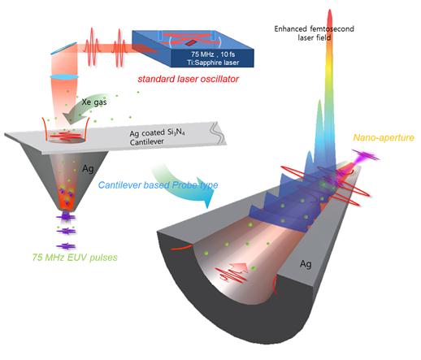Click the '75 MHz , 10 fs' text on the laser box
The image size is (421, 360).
[213, 54]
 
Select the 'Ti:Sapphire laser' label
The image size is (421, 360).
[213, 63]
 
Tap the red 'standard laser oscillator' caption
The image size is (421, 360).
[188, 79]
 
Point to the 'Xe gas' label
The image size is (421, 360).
[94, 102]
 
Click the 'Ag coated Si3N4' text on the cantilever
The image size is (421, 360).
[157, 132]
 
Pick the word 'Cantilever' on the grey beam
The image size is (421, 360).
[146, 142]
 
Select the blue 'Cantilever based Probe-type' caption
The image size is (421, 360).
[158, 185]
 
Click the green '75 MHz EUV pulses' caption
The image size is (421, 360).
[75, 257]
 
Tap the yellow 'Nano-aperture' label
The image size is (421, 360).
[384, 137]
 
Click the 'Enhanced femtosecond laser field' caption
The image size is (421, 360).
[314, 33]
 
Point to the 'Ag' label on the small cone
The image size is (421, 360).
[88, 168]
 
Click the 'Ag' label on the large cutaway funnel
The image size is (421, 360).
[306, 263]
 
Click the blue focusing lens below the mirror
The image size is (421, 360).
[64, 77]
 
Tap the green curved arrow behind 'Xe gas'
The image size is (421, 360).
[85, 110]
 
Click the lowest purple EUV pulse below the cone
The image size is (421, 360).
[66, 246]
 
